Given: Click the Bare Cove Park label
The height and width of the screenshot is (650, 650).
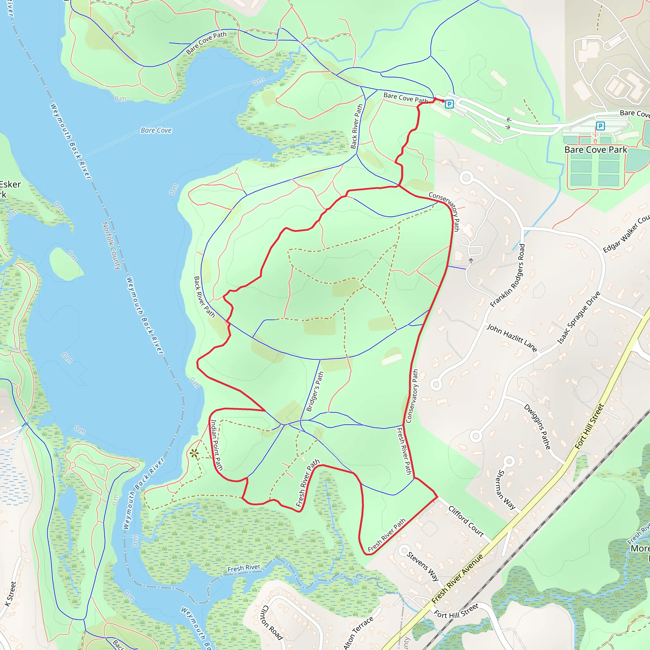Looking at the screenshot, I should tap(595, 150).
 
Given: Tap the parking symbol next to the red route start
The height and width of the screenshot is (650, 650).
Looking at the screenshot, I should tap(449, 104).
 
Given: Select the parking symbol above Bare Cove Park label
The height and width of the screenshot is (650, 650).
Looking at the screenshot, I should tap(600, 126).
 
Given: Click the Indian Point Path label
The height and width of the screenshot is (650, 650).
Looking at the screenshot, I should tap(216, 444).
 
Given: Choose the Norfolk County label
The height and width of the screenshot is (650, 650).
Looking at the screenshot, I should tap(112, 245).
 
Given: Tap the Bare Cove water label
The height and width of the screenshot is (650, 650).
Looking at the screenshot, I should tap(156, 130).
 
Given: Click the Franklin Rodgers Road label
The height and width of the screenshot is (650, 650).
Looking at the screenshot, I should tap(508, 275).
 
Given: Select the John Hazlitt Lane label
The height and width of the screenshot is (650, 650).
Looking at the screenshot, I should tap(512, 337).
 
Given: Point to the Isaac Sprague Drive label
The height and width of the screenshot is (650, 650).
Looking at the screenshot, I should tap(579, 318).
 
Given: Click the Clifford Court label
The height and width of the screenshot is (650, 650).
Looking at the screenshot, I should tap(466, 521).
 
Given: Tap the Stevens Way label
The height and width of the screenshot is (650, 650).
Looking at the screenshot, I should tap(423, 566).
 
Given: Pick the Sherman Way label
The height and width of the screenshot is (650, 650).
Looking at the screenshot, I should tap(506, 489).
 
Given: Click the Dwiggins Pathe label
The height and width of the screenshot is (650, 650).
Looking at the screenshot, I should tap(537, 427).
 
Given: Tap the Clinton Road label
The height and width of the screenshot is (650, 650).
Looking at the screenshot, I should tap(272, 622).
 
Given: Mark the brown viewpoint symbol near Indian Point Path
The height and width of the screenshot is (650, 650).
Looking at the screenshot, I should tap(194, 454).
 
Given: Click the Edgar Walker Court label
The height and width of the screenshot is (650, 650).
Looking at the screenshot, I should tap(626, 234).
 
